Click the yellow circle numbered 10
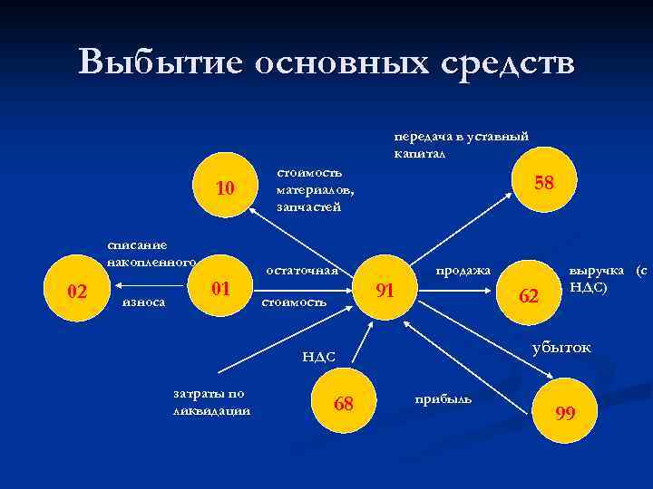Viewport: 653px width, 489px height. click(224, 188)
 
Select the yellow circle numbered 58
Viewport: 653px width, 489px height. click(543, 184)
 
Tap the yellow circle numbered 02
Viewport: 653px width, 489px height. click(78, 292)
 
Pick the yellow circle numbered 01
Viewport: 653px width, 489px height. click(219, 290)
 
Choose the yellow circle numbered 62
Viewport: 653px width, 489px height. click(529, 295)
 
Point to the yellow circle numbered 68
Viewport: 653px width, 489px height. click(343, 402)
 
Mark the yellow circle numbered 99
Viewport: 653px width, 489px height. click(565, 413)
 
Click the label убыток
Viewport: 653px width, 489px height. click(560, 347)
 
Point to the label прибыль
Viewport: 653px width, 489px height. click(443, 398)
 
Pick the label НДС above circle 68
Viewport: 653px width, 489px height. click(318, 358)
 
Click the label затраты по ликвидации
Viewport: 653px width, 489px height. click(211, 402)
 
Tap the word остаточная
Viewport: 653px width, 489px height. click(301, 270)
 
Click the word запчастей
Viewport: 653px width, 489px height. click(309, 206)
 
